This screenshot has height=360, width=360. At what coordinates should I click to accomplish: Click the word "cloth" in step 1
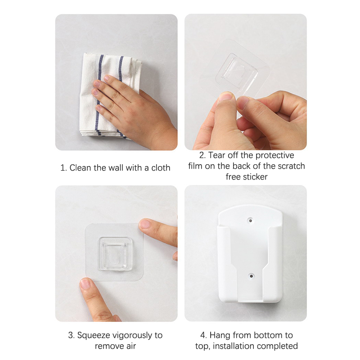point(161,168)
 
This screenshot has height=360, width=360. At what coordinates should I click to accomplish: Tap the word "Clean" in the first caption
point(81,168)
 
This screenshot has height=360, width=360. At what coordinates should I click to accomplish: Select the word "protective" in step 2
point(274,155)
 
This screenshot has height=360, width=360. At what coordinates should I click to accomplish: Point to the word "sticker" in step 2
point(255,177)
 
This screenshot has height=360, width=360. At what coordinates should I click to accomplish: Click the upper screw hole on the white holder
point(251,221)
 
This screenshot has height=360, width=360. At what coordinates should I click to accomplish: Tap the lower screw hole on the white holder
point(251,276)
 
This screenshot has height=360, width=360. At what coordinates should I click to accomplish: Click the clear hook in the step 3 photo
point(115,254)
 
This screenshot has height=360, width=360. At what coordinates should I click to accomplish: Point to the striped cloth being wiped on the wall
point(110,96)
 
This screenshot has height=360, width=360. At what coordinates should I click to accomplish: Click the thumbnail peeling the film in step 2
point(225,96)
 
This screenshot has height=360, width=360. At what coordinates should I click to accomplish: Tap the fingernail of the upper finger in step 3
point(144,223)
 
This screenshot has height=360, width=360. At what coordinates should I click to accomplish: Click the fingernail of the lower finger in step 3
point(85,284)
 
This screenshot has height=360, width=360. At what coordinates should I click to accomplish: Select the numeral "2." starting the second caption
point(202,155)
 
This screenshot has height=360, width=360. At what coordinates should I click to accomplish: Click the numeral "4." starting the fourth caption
point(204,335)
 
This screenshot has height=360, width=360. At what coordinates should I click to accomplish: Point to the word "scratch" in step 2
point(291,166)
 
